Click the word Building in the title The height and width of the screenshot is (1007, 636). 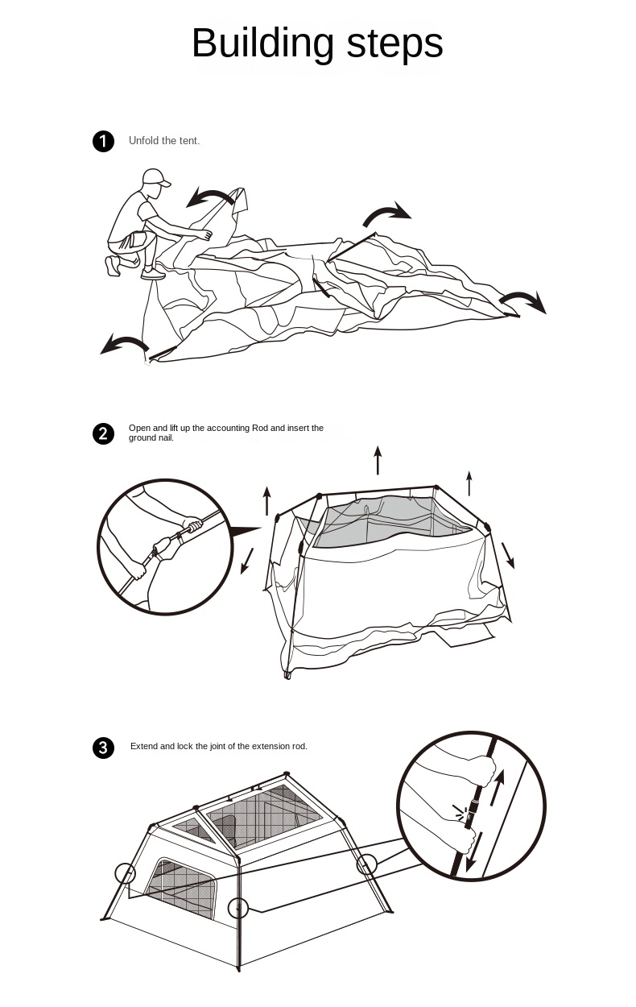point(262,44)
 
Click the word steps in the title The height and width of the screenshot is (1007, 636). point(394,44)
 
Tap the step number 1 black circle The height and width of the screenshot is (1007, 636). point(103,142)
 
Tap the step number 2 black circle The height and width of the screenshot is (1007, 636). point(103,434)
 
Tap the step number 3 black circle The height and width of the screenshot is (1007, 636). point(103,748)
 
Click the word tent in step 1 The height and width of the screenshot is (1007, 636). point(188,141)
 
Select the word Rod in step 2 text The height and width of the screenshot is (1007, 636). point(259,428)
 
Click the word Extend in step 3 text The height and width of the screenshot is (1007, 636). point(144,747)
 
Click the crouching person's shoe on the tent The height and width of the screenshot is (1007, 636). point(153,275)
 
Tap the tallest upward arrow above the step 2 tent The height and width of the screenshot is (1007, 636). point(378,460)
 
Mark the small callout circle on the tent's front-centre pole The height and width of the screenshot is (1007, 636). point(237,908)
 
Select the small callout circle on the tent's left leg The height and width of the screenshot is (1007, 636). point(126,873)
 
